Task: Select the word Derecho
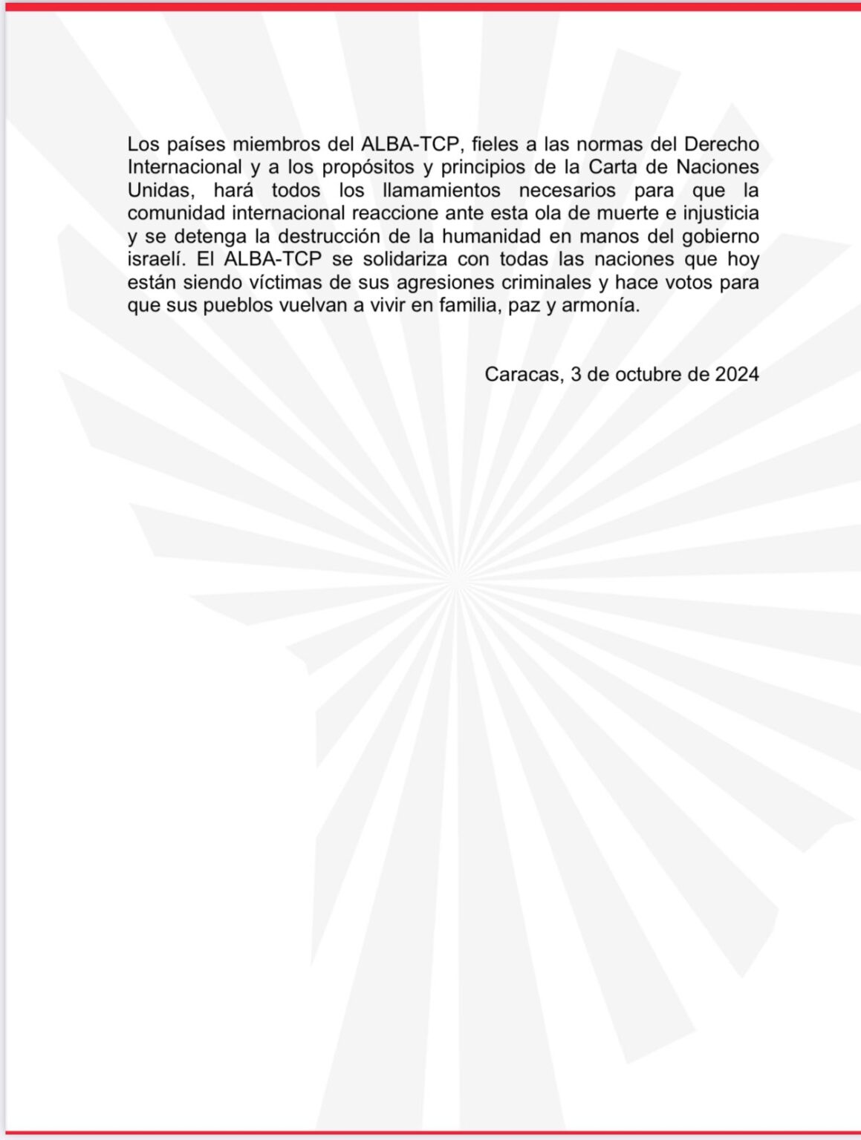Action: point(721,144)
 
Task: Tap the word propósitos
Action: point(368,167)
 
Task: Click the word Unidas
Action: point(158,190)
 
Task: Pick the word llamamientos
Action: point(441,190)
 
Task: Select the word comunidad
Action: point(175,213)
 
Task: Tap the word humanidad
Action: point(496,236)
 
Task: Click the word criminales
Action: point(539,282)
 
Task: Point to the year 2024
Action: point(737,374)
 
